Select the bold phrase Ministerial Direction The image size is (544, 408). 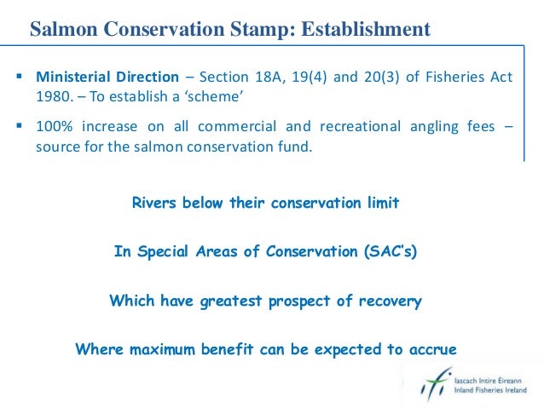point(107,78)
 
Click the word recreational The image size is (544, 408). point(358,128)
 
